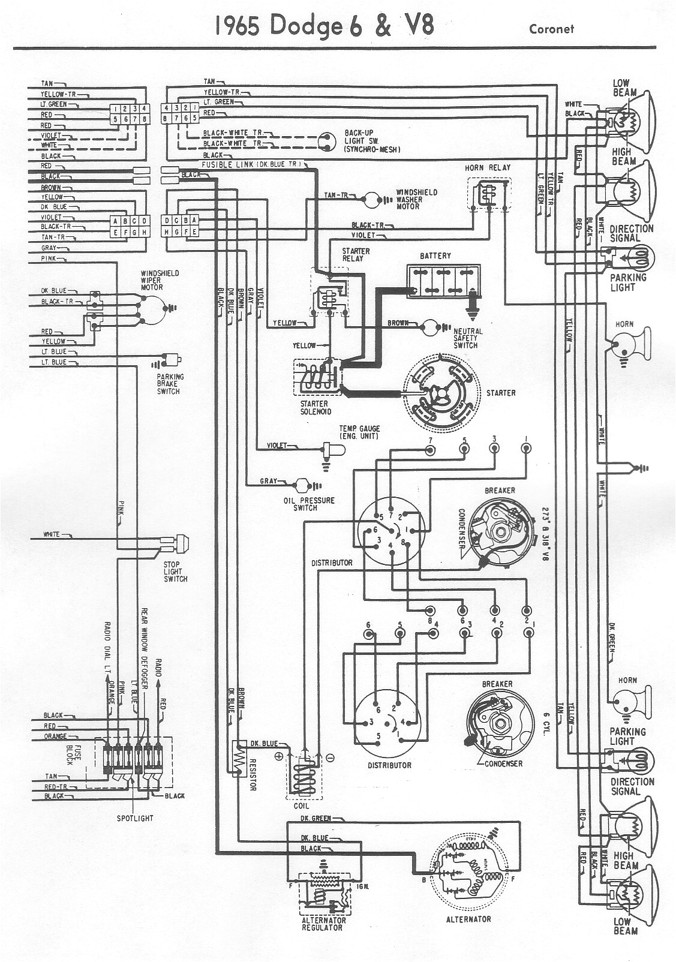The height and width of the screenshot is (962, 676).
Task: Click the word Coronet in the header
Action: point(551,29)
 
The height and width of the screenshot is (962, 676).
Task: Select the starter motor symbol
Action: point(441,392)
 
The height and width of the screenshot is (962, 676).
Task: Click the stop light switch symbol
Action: point(179,543)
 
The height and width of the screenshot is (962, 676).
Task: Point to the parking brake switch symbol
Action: point(174,360)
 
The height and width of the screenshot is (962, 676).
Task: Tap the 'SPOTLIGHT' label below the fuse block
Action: point(135,818)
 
